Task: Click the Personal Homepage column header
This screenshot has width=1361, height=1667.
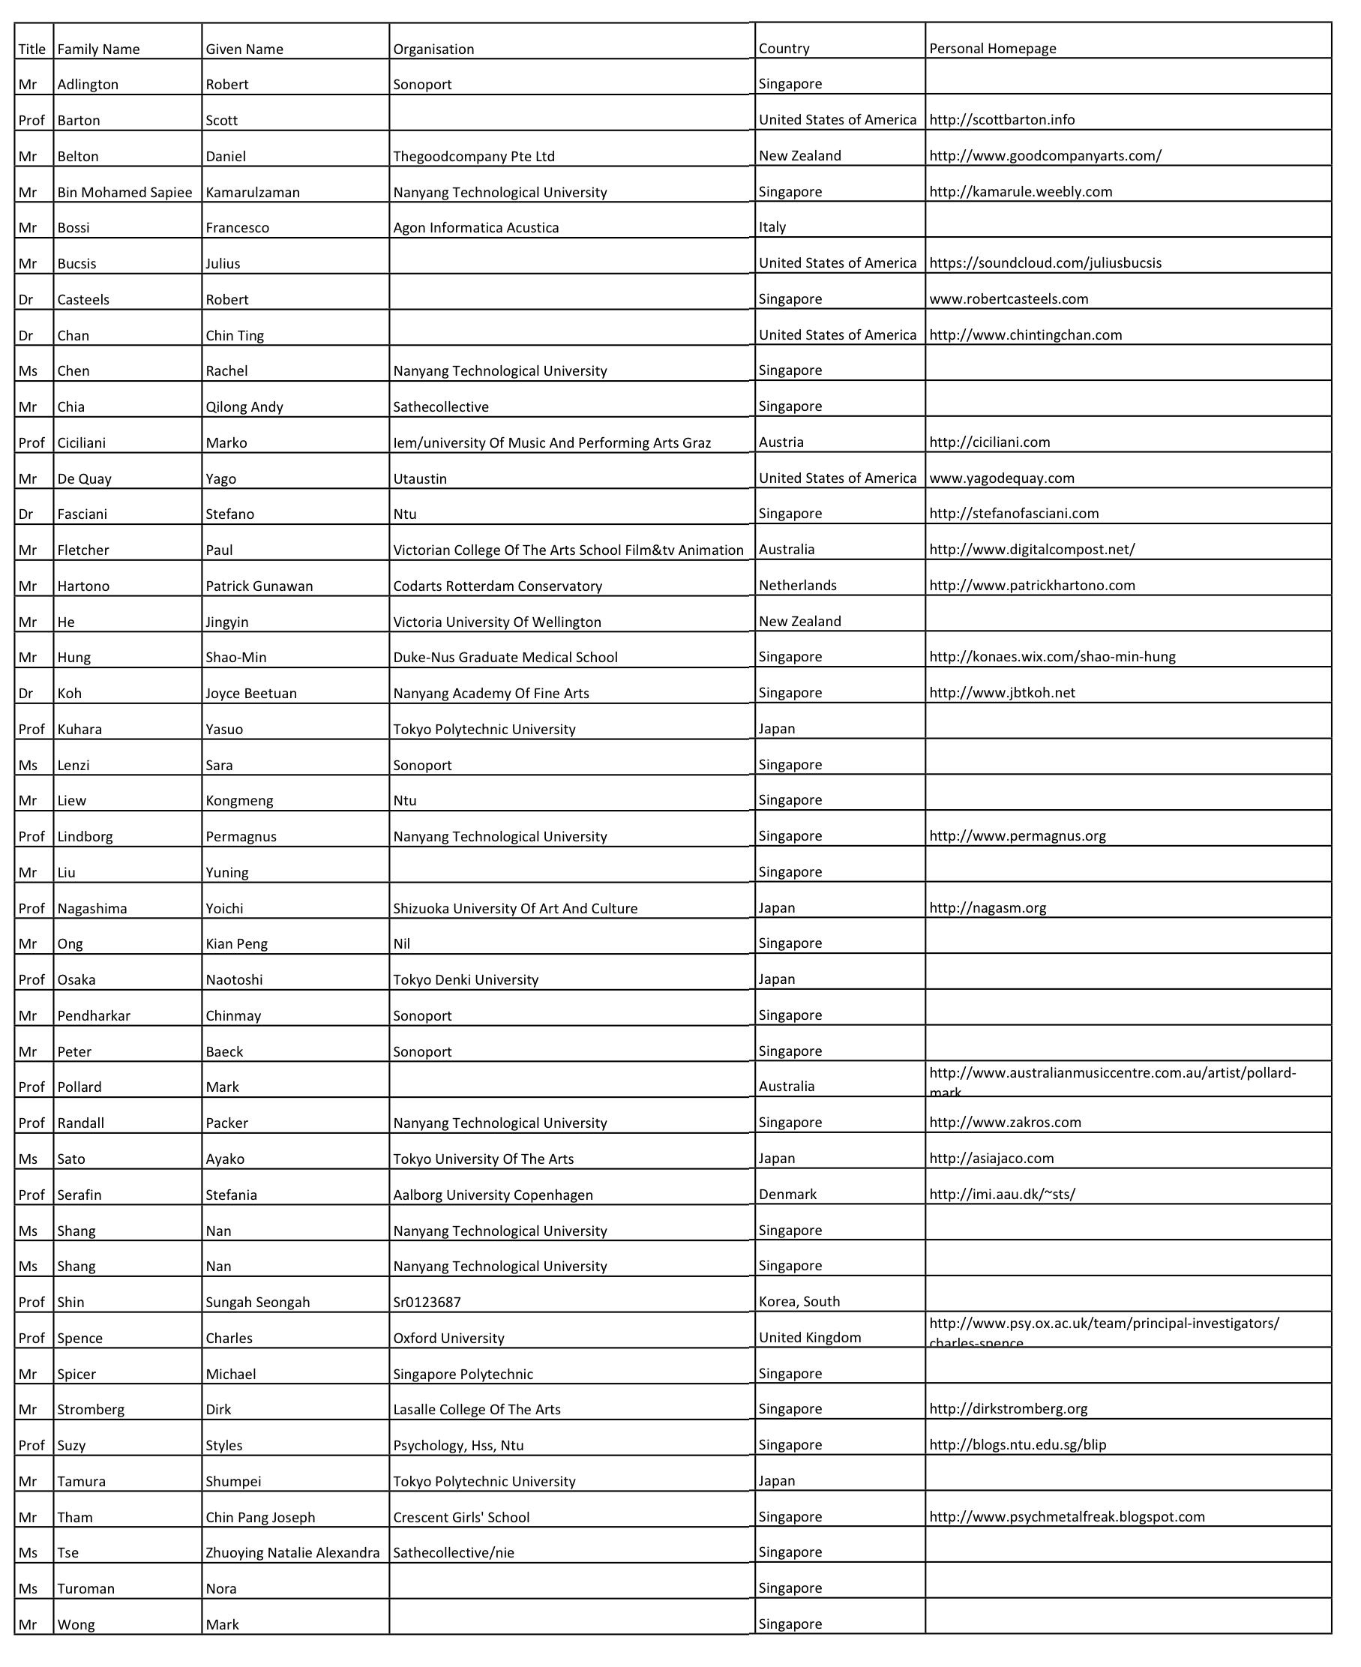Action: point(993,49)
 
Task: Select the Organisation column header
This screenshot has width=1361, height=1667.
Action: point(433,49)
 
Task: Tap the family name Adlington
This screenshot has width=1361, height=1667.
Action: point(88,85)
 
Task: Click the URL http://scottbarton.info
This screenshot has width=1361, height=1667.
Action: point(1002,120)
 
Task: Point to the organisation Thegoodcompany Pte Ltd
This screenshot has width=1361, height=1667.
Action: point(473,156)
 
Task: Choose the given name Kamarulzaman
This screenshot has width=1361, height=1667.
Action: point(253,192)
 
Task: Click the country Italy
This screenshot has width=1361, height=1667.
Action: point(772,227)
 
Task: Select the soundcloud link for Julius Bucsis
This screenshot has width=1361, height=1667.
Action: point(1045,263)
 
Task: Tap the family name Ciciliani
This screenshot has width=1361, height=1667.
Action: point(82,443)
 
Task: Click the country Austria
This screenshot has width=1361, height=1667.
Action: point(781,442)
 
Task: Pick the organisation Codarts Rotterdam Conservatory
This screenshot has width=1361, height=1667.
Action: point(497,586)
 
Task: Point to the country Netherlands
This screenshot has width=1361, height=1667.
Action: point(797,586)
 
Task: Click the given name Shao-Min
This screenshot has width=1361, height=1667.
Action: point(236,658)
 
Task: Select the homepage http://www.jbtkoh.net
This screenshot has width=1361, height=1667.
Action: point(1002,693)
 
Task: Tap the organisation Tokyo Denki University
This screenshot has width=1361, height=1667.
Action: point(466,980)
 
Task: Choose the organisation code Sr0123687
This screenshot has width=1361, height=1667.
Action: point(427,1303)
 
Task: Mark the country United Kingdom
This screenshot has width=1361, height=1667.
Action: point(810,1338)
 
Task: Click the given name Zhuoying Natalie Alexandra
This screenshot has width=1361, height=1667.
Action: point(292,1552)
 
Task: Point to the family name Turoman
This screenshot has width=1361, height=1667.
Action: point(85,1588)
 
